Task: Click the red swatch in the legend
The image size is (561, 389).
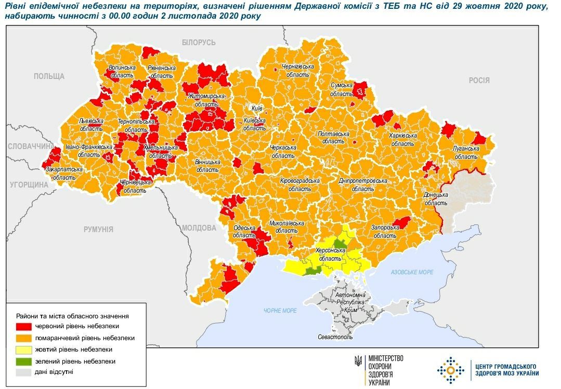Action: [24, 327]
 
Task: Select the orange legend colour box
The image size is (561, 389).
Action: [24, 338]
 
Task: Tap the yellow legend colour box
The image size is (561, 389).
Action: [24, 350]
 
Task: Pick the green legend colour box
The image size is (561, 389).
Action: [24, 361]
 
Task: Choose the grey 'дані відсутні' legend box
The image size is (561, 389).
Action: [24, 372]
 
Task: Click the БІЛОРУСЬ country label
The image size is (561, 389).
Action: [199, 43]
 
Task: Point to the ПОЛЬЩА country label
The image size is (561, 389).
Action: [49, 76]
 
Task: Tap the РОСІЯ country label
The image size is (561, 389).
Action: [479, 80]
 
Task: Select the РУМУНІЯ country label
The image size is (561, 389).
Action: [98, 229]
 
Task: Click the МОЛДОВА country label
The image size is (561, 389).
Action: [199, 228]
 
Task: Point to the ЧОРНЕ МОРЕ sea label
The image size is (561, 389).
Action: [280, 311]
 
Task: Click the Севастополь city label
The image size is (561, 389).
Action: [335, 337]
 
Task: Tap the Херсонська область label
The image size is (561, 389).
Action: [331, 254]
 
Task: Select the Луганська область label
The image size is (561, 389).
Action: [466, 152]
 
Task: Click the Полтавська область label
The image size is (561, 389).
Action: [333, 137]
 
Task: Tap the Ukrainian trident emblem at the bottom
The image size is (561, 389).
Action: [358, 360]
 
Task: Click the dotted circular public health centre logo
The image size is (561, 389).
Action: [450, 370]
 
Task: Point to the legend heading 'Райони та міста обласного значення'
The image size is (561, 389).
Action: [72, 315]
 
